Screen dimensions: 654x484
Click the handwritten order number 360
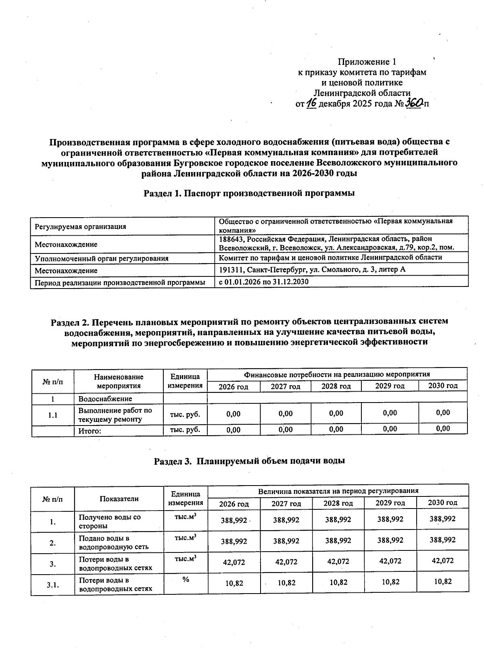point(414,103)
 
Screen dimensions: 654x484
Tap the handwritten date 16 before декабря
point(311,104)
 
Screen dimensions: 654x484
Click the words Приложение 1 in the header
point(367,62)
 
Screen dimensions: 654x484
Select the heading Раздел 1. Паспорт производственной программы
point(249,193)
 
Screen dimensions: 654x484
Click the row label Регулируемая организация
point(80,226)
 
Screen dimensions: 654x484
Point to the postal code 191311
point(231,270)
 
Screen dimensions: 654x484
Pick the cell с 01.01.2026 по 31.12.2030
point(263,282)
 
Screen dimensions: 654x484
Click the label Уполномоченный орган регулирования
point(101,258)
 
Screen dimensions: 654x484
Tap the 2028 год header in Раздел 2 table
point(336,386)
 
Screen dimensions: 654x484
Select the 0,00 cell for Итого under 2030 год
point(442,429)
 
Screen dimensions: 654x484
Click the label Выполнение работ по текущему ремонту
point(115,415)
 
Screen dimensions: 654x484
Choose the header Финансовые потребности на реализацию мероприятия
point(337,374)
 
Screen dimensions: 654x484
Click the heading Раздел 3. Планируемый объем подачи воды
point(249,461)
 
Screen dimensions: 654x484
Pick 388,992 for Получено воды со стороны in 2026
point(234,520)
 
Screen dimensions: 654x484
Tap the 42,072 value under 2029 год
point(390,561)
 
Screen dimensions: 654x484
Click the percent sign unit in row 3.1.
point(186,579)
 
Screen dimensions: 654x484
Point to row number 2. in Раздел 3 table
point(52,543)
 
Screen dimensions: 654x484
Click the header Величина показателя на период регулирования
point(338,490)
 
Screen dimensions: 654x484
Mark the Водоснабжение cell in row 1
point(105,399)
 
